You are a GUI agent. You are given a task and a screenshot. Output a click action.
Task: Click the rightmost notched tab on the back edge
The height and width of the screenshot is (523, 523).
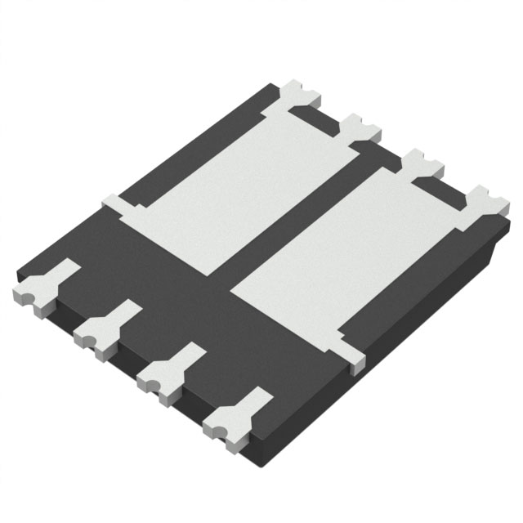(481, 200)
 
